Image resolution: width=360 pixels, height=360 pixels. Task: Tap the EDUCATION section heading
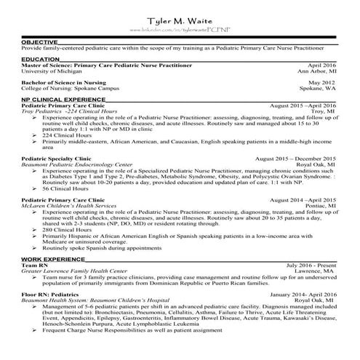(41, 58)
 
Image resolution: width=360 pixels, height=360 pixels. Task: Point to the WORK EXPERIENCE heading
(51, 259)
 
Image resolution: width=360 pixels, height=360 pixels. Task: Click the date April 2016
(321, 65)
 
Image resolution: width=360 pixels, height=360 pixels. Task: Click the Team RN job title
(34, 265)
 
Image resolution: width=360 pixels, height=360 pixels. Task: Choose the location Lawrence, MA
(317, 271)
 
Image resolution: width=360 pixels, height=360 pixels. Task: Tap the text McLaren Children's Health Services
(68, 206)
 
